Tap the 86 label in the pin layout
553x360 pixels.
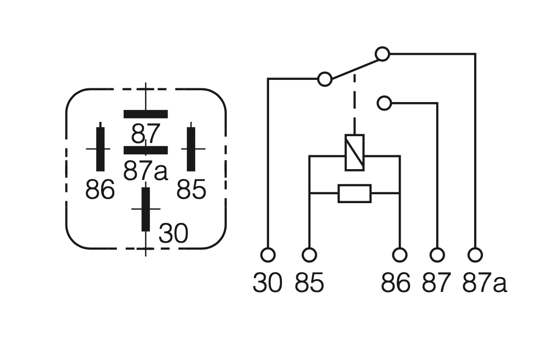(100, 189)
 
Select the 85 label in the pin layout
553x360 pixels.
(191, 189)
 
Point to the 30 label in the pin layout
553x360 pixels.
(173, 233)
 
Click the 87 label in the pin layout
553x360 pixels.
(146, 134)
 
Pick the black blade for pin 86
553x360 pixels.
(100, 149)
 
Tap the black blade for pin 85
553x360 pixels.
(191, 149)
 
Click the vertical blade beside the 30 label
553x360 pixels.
(145, 209)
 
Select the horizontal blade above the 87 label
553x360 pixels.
(146, 114)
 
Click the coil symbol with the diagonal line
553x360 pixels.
(354, 152)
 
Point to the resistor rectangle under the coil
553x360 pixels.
(354, 193)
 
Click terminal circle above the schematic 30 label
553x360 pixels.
(268, 255)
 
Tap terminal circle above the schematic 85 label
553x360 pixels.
(310, 255)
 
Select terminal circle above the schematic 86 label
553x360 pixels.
(400, 255)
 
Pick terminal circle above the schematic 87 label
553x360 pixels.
(437, 255)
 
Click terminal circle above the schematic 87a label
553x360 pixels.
(475, 255)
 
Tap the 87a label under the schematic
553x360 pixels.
(484, 283)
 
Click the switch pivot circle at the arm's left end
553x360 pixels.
(325, 79)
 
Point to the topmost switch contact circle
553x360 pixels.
(382, 54)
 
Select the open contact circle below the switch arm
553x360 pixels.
(384, 104)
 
